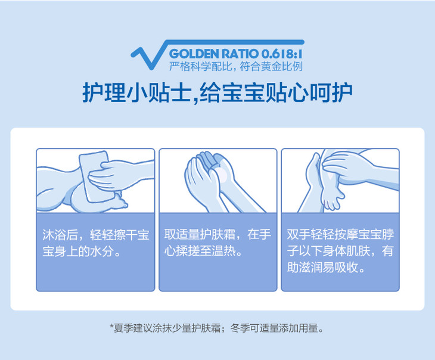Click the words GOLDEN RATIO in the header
click(214, 54)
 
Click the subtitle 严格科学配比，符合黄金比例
click(236, 66)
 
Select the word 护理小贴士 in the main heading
click(137, 93)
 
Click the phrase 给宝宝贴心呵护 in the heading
click(276, 93)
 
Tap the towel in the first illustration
click(94, 176)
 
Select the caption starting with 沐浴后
click(96, 243)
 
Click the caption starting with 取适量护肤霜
click(218, 243)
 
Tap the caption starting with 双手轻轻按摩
click(340, 251)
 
